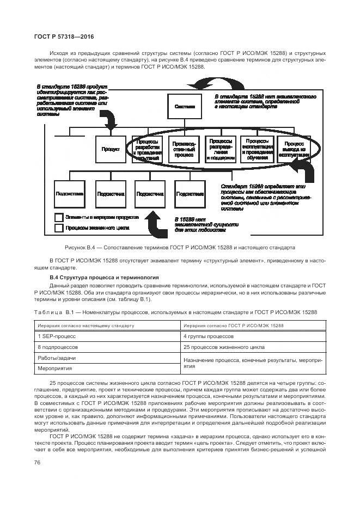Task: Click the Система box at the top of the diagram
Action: coord(185,106)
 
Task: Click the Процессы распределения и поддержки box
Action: coord(220,148)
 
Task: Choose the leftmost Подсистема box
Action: coord(69,193)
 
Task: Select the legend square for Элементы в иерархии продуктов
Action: coord(58,217)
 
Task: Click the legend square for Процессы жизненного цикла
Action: coord(58,228)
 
